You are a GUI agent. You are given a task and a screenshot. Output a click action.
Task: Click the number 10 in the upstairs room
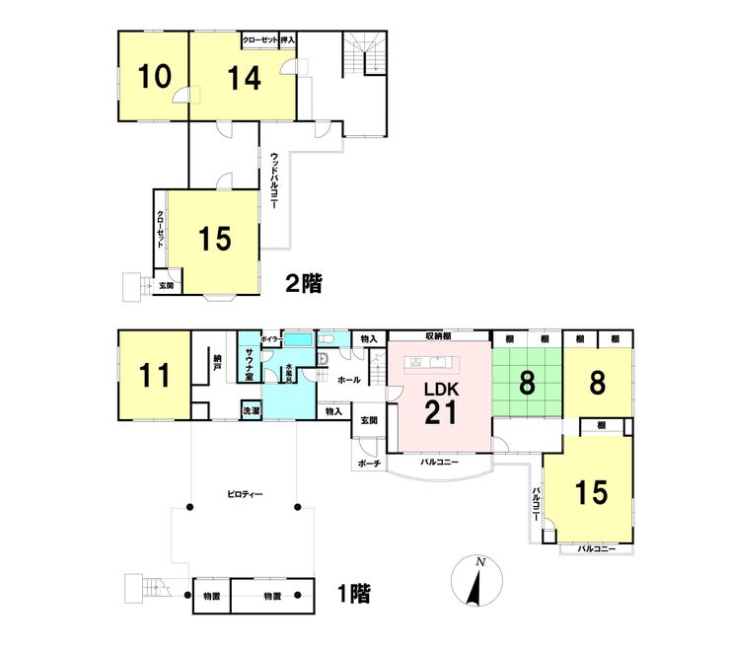pyautogui.click(x=153, y=77)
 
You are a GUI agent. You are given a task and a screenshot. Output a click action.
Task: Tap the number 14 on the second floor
pyautogui.click(x=242, y=78)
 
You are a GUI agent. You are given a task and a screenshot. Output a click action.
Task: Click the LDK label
pyautogui.click(x=440, y=388)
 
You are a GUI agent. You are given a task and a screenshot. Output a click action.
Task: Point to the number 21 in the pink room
pyautogui.click(x=440, y=412)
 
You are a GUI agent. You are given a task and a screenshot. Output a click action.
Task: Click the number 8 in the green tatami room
pyautogui.click(x=527, y=383)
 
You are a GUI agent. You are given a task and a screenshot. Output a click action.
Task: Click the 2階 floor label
pyautogui.click(x=305, y=283)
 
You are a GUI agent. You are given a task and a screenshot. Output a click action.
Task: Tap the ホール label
pyautogui.click(x=348, y=380)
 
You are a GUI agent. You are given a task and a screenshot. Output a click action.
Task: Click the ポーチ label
pyautogui.click(x=370, y=463)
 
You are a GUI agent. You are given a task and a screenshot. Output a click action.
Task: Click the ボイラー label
pyautogui.click(x=272, y=338)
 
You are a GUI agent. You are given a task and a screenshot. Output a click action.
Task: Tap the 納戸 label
pyautogui.click(x=215, y=364)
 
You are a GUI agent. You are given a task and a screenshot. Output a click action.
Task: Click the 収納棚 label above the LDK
pyautogui.click(x=439, y=334)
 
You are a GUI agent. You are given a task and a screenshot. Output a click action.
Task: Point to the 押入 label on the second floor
pyautogui.click(x=288, y=40)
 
